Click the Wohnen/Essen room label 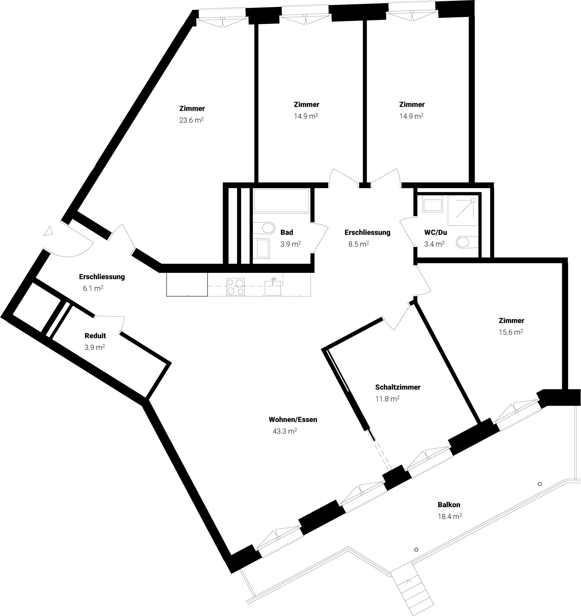tap(293, 419)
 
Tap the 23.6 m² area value tap(191, 120)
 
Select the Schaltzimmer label tap(398, 387)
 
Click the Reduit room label tap(95, 336)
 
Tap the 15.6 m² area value tap(511, 332)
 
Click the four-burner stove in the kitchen tap(235, 286)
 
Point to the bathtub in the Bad tap(281, 201)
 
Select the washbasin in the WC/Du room tap(432, 205)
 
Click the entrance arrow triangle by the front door tap(48, 231)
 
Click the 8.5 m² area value tap(359, 244)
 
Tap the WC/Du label tap(435, 232)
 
